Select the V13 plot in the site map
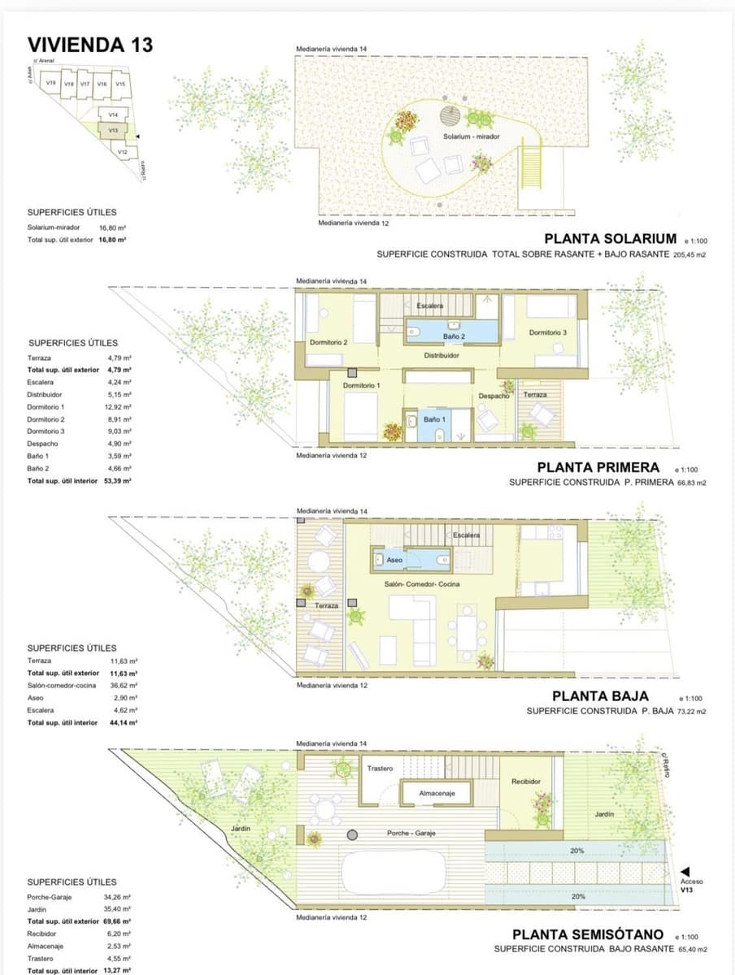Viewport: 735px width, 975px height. pos(114,129)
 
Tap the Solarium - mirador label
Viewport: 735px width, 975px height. pos(465,136)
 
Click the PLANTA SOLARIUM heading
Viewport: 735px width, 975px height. pos(610,238)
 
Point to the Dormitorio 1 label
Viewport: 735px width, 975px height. pos(360,385)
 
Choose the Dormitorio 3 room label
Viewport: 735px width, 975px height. pos(547,332)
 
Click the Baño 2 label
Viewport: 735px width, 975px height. pos(454,336)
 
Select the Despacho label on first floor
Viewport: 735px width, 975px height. pos(493,396)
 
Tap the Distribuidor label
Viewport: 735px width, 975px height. pos(441,355)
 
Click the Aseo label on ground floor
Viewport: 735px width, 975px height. pos(394,560)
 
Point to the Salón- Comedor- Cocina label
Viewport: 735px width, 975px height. pos(422,584)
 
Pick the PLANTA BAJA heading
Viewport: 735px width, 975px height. pos(600,695)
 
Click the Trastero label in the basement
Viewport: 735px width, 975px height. pos(380,768)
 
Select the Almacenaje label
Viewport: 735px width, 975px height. pos(437,792)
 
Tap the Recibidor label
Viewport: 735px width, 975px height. pos(526,781)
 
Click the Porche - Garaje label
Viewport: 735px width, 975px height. pos(411,834)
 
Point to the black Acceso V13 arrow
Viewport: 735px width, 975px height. pos(685,871)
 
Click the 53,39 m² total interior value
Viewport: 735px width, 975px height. pos(120,481)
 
